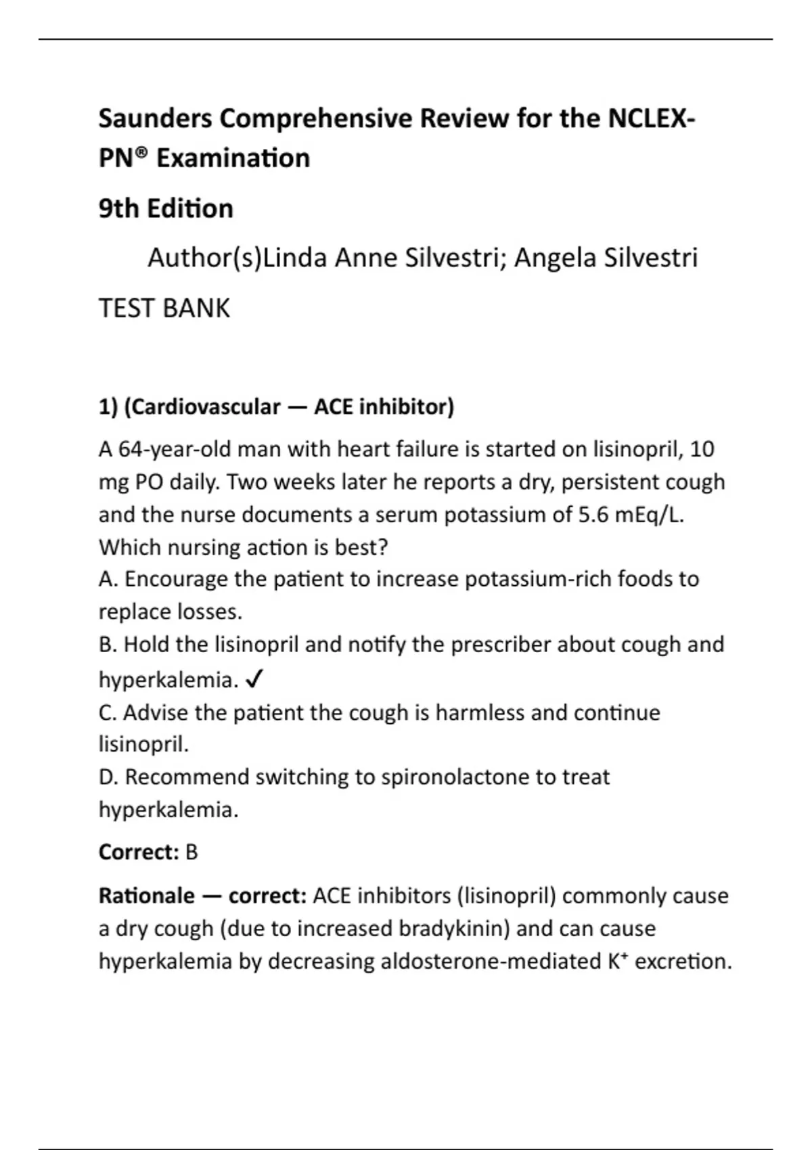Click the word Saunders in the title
coord(155,118)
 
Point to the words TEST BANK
coord(164,308)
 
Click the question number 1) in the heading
coord(109,407)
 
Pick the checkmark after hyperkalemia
coord(254,680)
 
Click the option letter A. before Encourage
coord(108,579)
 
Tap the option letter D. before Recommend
coord(108,777)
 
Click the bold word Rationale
coord(147,896)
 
